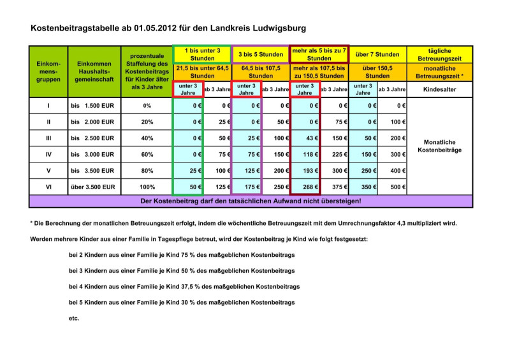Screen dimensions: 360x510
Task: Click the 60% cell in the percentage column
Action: coord(147,154)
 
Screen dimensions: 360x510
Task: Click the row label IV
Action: coord(48,154)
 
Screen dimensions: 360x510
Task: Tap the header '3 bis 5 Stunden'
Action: coord(261,55)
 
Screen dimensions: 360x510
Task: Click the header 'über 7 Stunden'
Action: coord(377,55)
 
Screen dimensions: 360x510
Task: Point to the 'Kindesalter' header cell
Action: coord(439,90)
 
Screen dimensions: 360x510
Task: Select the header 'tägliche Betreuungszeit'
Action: coord(439,54)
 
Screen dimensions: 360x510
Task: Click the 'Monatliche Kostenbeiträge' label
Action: coord(439,146)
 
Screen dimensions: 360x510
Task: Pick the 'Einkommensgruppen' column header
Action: coord(48,71)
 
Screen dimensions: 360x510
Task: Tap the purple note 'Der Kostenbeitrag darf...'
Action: coord(250,201)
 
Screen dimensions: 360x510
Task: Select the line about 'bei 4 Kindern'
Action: coord(184,287)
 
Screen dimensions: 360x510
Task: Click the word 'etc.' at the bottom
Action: coord(74,318)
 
